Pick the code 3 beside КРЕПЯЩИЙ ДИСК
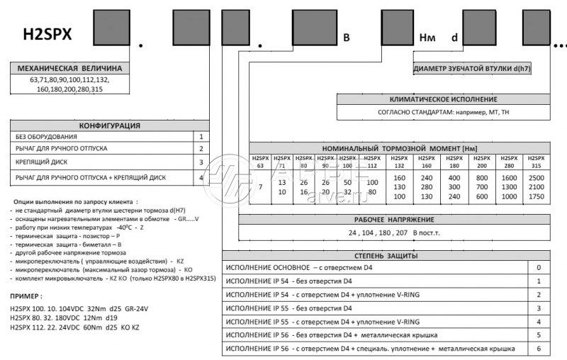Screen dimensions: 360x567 pyautogui.click(x=201, y=163)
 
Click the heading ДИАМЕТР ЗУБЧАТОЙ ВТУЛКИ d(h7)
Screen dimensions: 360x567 pyautogui.click(x=472, y=69)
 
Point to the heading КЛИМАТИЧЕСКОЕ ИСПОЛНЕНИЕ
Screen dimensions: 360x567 pyautogui.click(x=444, y=100)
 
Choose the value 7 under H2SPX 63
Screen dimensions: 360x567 pyautogui.click(x=261, y=186)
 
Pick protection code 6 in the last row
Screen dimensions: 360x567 pyautogui.click(x=539, y=349)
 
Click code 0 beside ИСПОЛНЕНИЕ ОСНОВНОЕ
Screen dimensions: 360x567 pyautogui.click(x=539, y=267)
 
